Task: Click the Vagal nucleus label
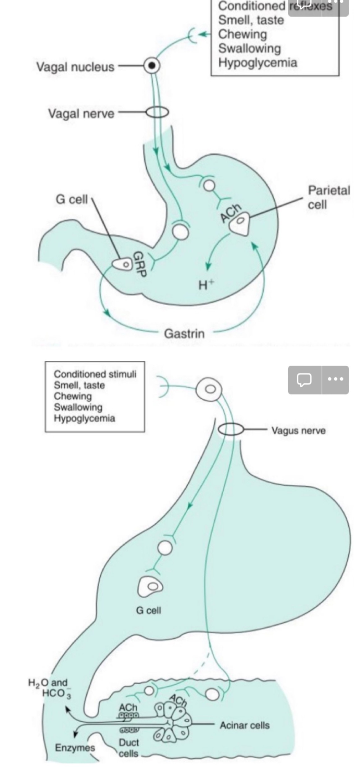click(x=75, y=67)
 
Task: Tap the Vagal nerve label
click(x=81, y=114)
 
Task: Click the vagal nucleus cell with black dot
click(x=152, y=65)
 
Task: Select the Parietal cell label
click(x=328, y=197)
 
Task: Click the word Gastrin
click(x=184, y=333)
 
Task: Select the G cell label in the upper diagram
click(x=72, y=199)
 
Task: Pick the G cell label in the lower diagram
click(x=148, y=610)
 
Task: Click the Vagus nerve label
click(x=298, y=430)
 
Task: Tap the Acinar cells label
click(x=244, y=725)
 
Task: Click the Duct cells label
click(x=129, y=747)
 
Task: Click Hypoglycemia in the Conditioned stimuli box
click(x=84, y=418)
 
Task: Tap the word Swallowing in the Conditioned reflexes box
click(x=249, y=48)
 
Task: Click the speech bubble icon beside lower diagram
click(x=304, y=380)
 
